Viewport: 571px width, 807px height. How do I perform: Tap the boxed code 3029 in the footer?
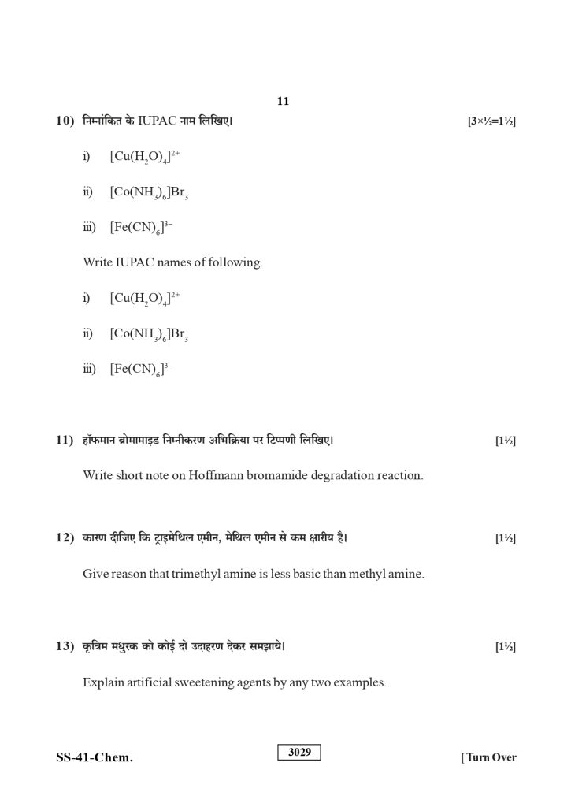pos(299,753)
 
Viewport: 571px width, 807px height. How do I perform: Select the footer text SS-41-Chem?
pos(95,758)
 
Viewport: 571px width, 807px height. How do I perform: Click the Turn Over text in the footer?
pos(489,758)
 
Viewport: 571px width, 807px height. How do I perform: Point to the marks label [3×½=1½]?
pos(491,121)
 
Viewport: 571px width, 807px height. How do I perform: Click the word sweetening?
pos(202,682)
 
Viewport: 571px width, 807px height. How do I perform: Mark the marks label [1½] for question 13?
pos(505,647)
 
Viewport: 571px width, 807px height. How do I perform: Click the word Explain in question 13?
pos(103,682)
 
